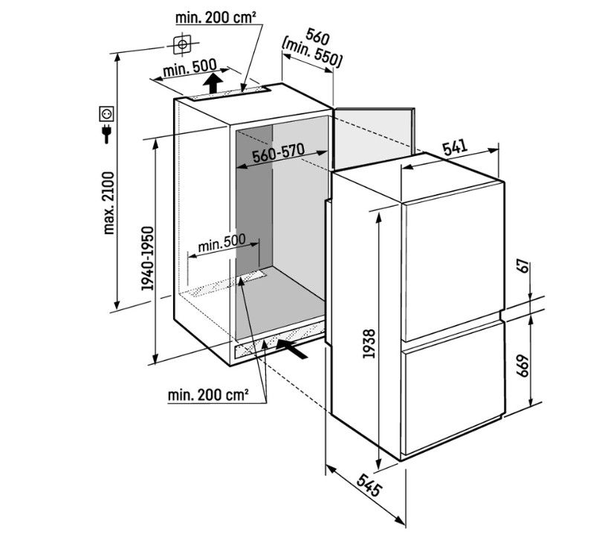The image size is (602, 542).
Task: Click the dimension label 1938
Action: (369, 343)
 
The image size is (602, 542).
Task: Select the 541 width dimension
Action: (455, 147)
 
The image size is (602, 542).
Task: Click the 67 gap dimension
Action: (524, 267)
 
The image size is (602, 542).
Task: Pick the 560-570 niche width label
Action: (279, 153)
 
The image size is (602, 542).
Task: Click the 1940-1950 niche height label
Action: (147, 259)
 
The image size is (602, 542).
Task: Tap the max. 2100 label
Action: (109, 203)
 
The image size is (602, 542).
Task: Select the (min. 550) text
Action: (311, 54)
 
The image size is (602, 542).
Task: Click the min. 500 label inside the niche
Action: (221, 242)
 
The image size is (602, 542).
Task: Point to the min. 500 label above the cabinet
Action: (190, 68)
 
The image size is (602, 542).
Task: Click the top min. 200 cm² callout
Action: (216, 17)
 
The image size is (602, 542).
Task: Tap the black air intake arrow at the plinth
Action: (293, 349)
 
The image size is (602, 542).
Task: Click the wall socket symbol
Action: (107, 113)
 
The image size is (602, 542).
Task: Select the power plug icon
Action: (106, 133)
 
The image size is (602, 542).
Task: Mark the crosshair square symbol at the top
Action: (182, 45)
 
